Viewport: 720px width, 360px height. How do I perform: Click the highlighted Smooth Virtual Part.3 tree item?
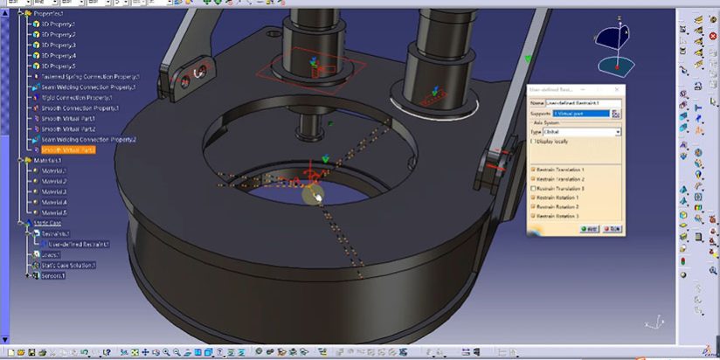68,150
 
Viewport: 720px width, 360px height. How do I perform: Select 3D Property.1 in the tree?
59,24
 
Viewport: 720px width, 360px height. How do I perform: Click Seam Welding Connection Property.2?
88,140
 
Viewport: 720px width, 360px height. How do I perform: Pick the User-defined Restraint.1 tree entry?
79,244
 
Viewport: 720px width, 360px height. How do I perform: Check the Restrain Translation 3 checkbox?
534,189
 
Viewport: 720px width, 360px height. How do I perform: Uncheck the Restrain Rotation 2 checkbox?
534,207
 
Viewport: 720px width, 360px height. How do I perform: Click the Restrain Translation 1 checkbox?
534,170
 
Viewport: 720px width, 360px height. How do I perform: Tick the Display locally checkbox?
534,141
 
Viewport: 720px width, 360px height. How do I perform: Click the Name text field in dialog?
582,102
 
